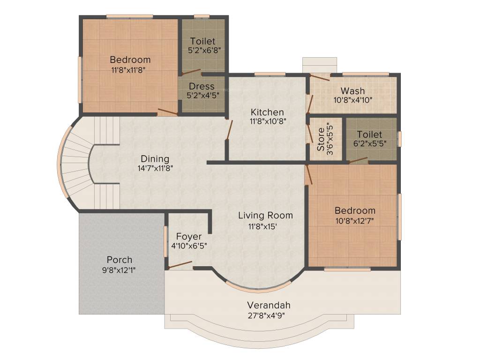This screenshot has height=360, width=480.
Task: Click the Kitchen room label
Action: [x=267, y=112]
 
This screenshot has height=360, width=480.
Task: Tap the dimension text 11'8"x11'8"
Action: [x=128, y=70]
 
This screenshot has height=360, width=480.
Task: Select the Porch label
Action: [x=120, y=260]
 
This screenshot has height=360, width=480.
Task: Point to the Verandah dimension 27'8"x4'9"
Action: [x=266, y=315]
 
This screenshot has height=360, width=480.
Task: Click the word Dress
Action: [x=202, y=86]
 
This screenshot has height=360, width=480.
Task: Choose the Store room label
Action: [x=321, y=139]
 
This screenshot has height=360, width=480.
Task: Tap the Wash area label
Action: [x=352, y=90]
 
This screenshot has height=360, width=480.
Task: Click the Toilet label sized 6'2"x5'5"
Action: [x=369, y=135]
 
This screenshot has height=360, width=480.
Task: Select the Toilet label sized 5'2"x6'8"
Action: [x=203, y=41]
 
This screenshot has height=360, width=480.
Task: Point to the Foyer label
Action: [x=189, y=236]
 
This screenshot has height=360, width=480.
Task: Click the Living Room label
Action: [x=265, y=216]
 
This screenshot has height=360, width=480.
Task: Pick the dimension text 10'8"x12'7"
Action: [x=354, y=220]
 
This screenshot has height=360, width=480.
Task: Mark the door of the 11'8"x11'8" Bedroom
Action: [x=167, y=112]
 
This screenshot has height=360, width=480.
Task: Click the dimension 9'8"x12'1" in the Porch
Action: [x=120, y=270]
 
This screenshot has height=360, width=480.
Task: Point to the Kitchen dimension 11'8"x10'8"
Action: [x=267, y=121]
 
